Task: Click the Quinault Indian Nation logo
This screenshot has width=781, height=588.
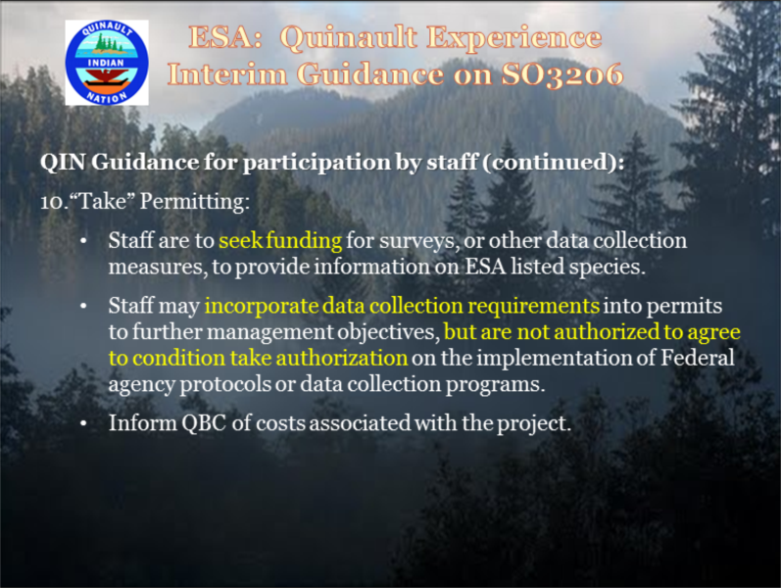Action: [x=107, y=63]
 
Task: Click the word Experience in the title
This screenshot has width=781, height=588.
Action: [x=514, y=38]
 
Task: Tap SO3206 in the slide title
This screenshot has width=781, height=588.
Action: [x=561, y=74]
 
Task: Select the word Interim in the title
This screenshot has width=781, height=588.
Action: [x=227, y=74]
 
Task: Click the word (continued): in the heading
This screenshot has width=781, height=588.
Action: [x=554, y=163]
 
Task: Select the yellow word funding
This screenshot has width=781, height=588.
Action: [x=304, y=240]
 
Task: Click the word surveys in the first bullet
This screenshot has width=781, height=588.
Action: [x=416, y=241]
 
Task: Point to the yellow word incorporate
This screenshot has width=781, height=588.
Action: [x=262, y=307]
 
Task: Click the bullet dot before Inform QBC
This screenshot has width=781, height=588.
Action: [x=83, y=424]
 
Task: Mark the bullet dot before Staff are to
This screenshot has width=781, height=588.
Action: [x=83, y=241]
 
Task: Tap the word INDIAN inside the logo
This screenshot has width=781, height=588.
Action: [x=106, y=63]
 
